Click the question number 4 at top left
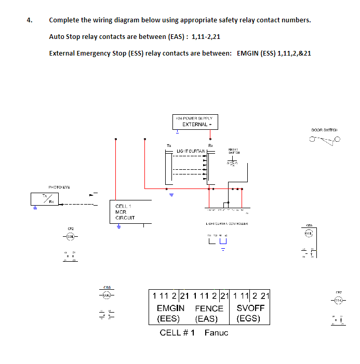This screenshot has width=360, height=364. (30, 20)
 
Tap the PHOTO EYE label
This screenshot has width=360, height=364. (59, 187)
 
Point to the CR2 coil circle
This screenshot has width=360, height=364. (70, 237)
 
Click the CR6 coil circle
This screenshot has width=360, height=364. (107, 295)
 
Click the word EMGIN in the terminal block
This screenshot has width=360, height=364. (170, 308)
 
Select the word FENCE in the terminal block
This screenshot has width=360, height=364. (209, 308)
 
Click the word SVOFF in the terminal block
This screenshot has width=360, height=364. (250, 308)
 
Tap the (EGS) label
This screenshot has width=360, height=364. (248, 318)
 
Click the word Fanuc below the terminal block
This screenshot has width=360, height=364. (216, 332)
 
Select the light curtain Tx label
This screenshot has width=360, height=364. (168, 145)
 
